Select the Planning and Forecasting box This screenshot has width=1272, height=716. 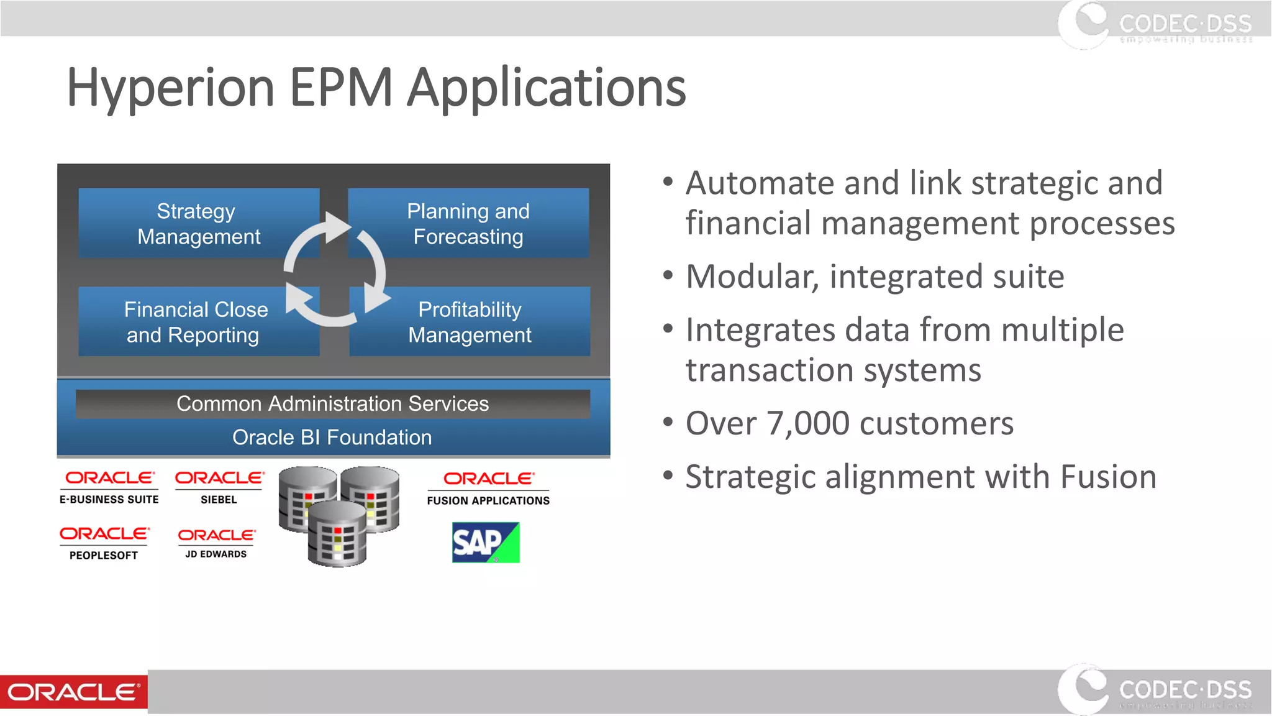[x=468, y=224]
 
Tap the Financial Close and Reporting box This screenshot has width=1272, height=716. [x=196, y=322]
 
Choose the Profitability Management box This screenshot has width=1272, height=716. [x=470, y=322]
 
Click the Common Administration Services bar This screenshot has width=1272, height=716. [x=333, y=404]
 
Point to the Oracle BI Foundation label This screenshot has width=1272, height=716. [x=332, y=438]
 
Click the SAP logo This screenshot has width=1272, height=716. [x=486, y=543]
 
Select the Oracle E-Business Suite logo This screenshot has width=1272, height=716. [x=109, y=487]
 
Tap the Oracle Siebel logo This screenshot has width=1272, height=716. [x=219, y=487]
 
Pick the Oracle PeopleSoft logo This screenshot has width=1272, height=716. [x=104, y=543]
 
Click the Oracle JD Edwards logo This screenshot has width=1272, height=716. [x=216, y=543]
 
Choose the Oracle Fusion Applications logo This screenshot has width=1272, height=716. [x=488, y=488]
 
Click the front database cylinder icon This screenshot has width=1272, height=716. [x=337, y=535]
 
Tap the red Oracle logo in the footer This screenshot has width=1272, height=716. [x=74, y=692]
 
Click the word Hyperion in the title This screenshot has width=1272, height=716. [x=170, y=88]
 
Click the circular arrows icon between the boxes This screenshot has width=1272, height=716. [x=335, y=270]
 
